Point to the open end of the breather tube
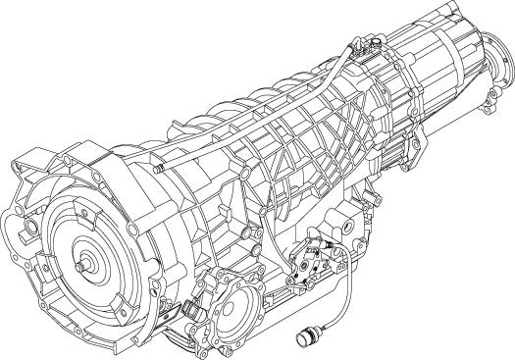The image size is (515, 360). (x=157, y=169)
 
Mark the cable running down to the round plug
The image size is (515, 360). (x=338, y=294)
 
